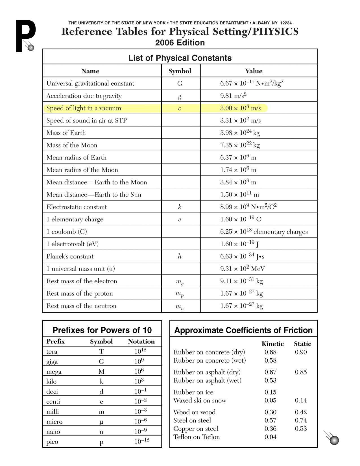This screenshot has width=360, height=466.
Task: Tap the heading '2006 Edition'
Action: pyautogui.click(x=180, y=43)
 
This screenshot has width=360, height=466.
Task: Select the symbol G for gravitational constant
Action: pyautogui.click(x=180, y=83)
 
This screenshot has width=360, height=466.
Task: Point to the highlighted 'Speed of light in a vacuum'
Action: pyautogui.click(x=84, y=108)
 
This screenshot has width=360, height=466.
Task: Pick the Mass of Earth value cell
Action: pyautogui.click(x=240, y=133)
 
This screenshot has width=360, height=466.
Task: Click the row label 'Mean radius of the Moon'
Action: pyautogui.click(x=82, y=170)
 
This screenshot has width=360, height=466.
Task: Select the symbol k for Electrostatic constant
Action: pyautogui.click(x=180, y=207)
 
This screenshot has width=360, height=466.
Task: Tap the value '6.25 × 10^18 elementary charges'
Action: pyautogui.click(x=264, y=232)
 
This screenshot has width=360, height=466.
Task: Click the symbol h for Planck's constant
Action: pyautogui.click(x=180, y=256)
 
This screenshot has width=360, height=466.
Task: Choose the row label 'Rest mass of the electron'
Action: pyautogui.click(x=82, y=281)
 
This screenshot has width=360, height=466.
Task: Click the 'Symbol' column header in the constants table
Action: pyautogui.click(x=180, y=71)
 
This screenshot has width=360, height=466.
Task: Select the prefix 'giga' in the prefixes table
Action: pyautogui.click(x=52, y=362)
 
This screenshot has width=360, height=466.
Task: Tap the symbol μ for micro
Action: pyautogui.click(x=101, y=422)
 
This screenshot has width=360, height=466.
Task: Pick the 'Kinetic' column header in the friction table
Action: pyautogui.click(x=272, y=344)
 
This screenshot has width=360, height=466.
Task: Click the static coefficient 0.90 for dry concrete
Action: pyautogui.click(x=301, y=352)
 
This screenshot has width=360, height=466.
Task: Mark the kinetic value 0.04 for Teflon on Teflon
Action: pyautogui.click(x=270, y=437)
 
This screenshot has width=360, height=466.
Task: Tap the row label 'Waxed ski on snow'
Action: pyautogui.click(x=200, y=400)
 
